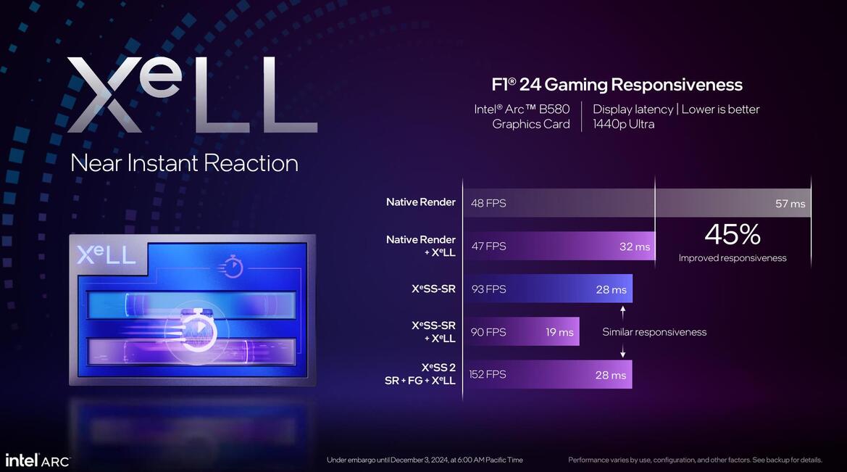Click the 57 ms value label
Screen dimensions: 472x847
pyautogui.click(x=790, y=204)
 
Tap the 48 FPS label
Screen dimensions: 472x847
pyautogui.click(x=488, y=203)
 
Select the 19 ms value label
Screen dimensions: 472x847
pyautogui.click(x=559, y=332)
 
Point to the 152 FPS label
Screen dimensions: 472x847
pyautogui.click(x=488, y=374)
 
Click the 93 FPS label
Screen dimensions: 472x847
pyautogui.click(x=488, y=289)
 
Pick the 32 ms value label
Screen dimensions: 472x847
pyautogui.click(x=635, y=247)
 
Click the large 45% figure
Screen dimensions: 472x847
pyautogui.click(x=732, y=234)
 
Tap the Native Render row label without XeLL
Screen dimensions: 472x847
pyautogui.click(x=420, y=202)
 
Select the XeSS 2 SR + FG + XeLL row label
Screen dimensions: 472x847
pyautogui.click(x=420, y=374)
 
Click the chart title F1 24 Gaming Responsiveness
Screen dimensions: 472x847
pyautogui.click(x=617, y=85)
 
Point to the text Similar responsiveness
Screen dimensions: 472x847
pyautogui.click(x=654, y=332)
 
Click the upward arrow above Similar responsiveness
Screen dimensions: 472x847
pyautogui.click(x=622, y=312)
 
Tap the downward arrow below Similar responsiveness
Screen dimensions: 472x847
pyautogui.click(x=622, y=352)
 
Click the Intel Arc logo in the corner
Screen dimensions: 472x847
pyautogui.click(x=38, y=460)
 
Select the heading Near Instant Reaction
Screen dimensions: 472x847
pyautogui.click(x=184, y=162)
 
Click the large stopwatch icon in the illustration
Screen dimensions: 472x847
pyautogui.click(x=197, y=330)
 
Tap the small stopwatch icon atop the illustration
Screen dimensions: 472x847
pyautogui.click(x=232, y=266)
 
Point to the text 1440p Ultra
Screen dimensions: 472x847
pyautogui.click(x=624, y=124)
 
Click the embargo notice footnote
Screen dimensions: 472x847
pyautogui.click(x=425, y=460)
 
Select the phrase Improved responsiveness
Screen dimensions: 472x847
pyautogui.click(x=732, y=258)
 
